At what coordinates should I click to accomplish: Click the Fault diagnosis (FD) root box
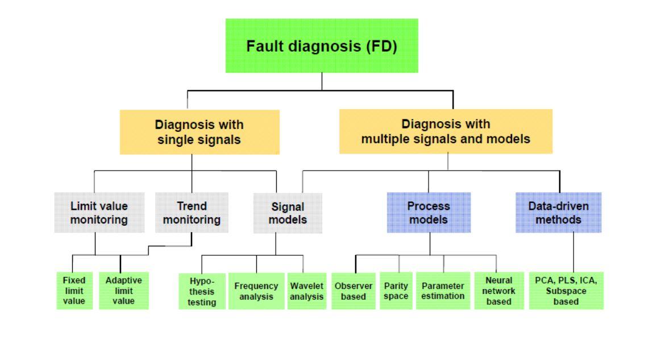click(x=322, y=45)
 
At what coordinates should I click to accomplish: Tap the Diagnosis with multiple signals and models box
click(x=446, y=131)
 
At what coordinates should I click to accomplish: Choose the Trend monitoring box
click(x=192, y=213)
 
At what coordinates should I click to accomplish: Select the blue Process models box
click(x=429, y=213)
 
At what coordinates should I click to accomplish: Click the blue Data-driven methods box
click(x=558, y=213)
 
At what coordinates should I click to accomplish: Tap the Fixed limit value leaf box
click(x=74, y=291)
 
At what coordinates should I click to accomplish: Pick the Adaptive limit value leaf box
click(x=123, y=291)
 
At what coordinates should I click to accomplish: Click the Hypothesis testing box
click(x=202, y=291)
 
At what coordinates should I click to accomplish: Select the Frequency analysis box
click(x=256, y=291)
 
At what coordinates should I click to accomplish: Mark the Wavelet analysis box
click(x=306, y=291)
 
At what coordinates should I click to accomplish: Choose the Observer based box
click(x=354, y=291)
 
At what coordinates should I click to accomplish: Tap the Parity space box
click(x=396, y=291)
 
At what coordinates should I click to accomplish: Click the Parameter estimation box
click(x=443, y=291)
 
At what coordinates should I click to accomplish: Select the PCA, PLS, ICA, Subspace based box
click(x=566, y=291)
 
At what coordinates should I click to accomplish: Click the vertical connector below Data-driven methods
click(x=573, y=253)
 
